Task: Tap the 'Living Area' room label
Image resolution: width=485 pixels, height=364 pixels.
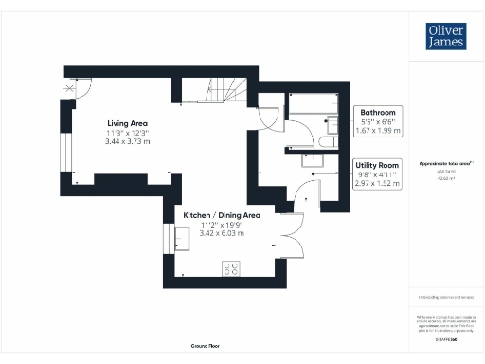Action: [127, 122]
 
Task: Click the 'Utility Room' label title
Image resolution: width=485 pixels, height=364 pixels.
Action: [378, 165]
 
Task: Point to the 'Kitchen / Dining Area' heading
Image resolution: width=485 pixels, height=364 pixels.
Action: [221, 215]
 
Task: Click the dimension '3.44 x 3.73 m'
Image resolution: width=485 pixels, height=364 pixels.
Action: [127, 141]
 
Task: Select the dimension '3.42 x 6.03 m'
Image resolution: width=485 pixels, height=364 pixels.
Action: [221, 233]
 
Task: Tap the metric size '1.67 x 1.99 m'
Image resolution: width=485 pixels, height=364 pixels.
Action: [379, 131]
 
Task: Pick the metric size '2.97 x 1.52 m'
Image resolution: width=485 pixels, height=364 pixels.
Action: [378, 184]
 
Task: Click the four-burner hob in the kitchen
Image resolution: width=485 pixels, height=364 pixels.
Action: [230, 268]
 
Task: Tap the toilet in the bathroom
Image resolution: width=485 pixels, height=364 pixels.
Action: [325, 140]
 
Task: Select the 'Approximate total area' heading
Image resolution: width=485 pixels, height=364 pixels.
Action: [445, 164]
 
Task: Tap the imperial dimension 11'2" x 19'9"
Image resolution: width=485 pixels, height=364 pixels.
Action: [221, 225]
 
